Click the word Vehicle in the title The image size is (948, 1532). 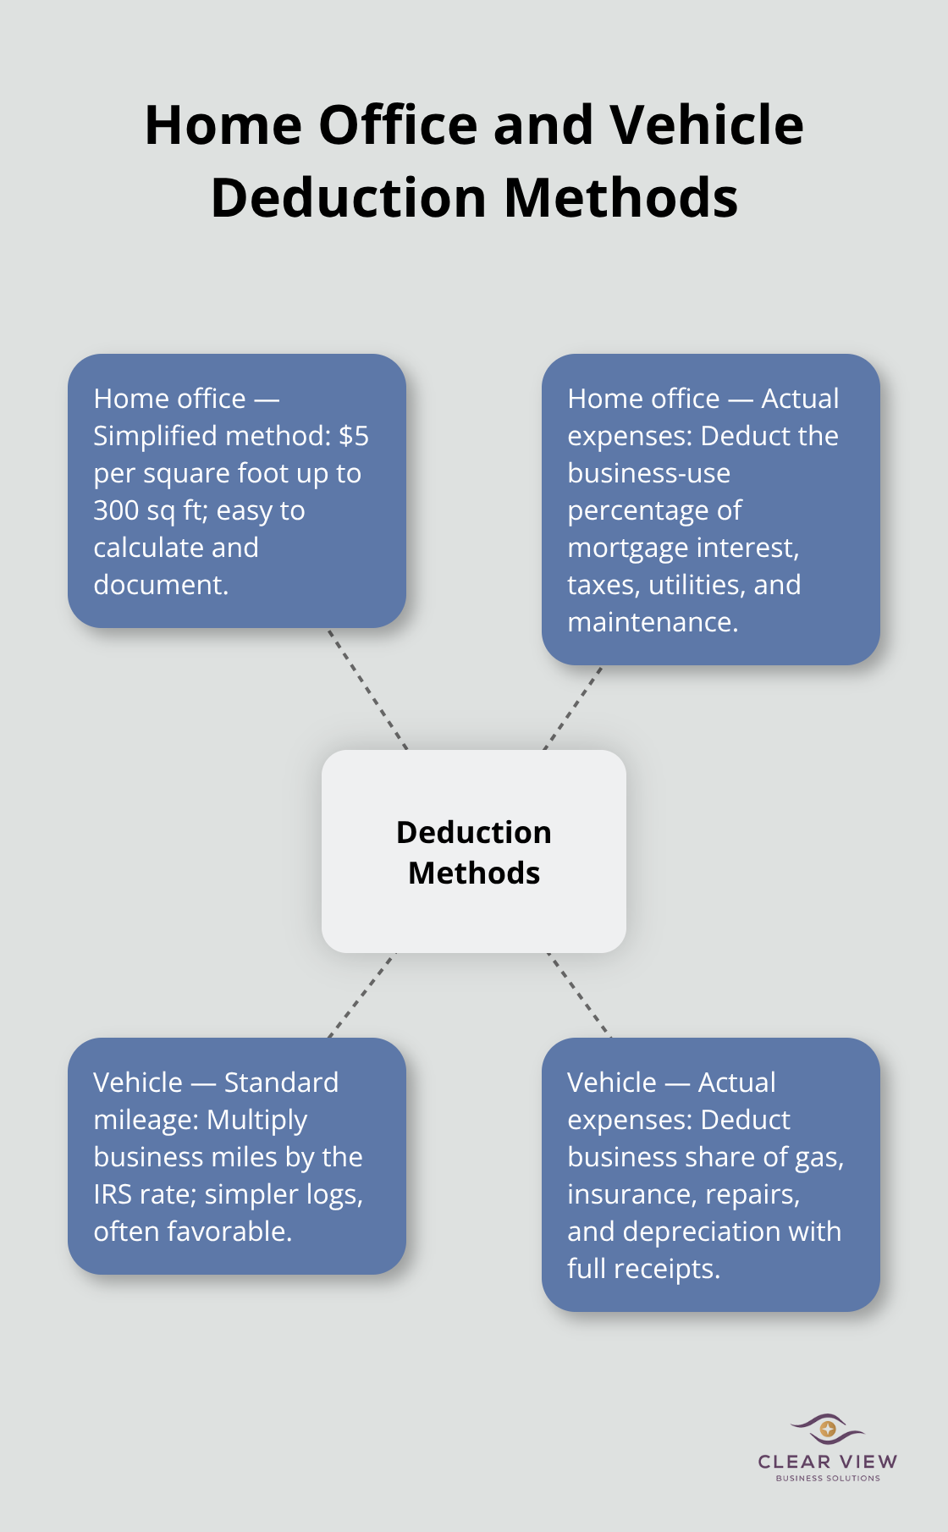click(707, 125)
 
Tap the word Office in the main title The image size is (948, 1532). click(398, 125)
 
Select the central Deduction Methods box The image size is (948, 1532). click(474, 851)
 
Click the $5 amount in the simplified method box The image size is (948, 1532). click(354, 436)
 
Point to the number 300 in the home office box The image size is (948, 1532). click(116, 510)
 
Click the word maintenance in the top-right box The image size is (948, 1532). click(653, 622)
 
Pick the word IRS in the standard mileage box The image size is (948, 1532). click(113, 1194)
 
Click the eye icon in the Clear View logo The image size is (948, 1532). click(828, 1430)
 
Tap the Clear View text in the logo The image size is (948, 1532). click(828, 1462)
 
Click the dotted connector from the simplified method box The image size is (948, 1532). click(368, 689)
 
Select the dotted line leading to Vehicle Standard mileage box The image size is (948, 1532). click(362, 995)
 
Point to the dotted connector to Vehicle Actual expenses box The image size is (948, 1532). click(580, 995)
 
